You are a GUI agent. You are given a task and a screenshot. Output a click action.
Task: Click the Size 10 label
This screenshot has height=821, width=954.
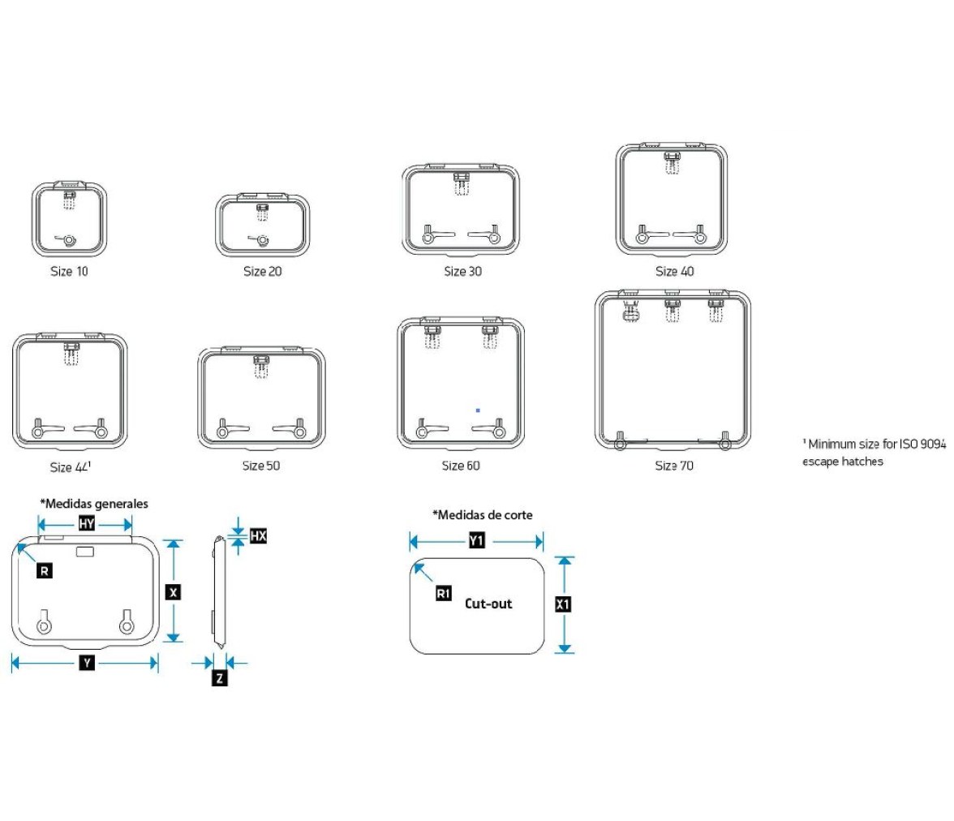point(70,272)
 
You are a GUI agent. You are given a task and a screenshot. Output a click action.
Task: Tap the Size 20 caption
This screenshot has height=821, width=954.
point(263,272)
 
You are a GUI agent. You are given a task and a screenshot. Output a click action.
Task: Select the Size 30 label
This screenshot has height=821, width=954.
point(463,272)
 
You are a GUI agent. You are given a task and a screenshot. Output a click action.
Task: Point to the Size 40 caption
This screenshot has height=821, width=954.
point(675,272)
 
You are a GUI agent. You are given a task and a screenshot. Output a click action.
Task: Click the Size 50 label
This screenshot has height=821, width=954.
point(261,466)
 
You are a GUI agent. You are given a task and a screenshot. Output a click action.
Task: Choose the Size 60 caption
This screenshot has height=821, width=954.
point(461,466)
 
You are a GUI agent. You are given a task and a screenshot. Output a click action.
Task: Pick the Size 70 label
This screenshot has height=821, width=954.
point(674,466)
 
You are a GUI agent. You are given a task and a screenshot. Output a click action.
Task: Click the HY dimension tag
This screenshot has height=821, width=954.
point(86,523)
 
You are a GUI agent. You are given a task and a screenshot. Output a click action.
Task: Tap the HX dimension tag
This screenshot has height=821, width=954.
point(259,535)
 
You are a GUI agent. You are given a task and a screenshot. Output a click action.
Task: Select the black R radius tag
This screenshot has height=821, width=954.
point(45,571)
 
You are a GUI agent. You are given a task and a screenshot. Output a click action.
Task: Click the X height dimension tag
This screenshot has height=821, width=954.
point(174,592)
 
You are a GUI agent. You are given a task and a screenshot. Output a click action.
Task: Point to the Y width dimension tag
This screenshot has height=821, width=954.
point(87,663)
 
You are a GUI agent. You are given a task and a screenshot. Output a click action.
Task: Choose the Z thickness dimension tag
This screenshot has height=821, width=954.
point(220,677)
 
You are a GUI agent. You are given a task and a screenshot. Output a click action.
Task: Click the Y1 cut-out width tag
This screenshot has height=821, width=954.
point(477,540)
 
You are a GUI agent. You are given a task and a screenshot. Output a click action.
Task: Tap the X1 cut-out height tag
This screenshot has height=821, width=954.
point(563,604)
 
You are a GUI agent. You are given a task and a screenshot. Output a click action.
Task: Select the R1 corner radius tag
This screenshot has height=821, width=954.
point(444,593)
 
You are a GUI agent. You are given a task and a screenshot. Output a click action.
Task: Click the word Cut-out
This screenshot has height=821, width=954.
point(488,604)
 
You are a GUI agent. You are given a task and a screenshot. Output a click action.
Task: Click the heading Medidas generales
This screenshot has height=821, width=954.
point(94,504)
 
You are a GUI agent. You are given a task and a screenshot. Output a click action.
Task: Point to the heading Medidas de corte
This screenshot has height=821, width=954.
point(483,515)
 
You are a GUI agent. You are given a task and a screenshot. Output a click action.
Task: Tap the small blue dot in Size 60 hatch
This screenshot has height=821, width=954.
point(479,410)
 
